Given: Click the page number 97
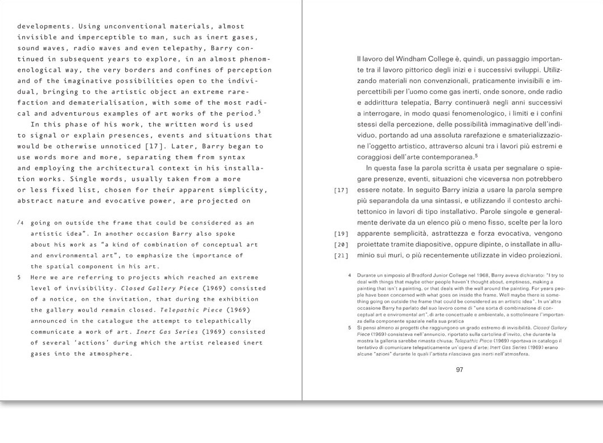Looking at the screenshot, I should [461, 370].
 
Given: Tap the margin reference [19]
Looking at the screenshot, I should [341, 234].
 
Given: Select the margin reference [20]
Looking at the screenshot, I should [341, 245].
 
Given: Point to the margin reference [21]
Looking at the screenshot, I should [341, 255].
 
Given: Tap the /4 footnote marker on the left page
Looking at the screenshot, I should [21, 223].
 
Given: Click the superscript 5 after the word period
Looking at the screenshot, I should [259, 110].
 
